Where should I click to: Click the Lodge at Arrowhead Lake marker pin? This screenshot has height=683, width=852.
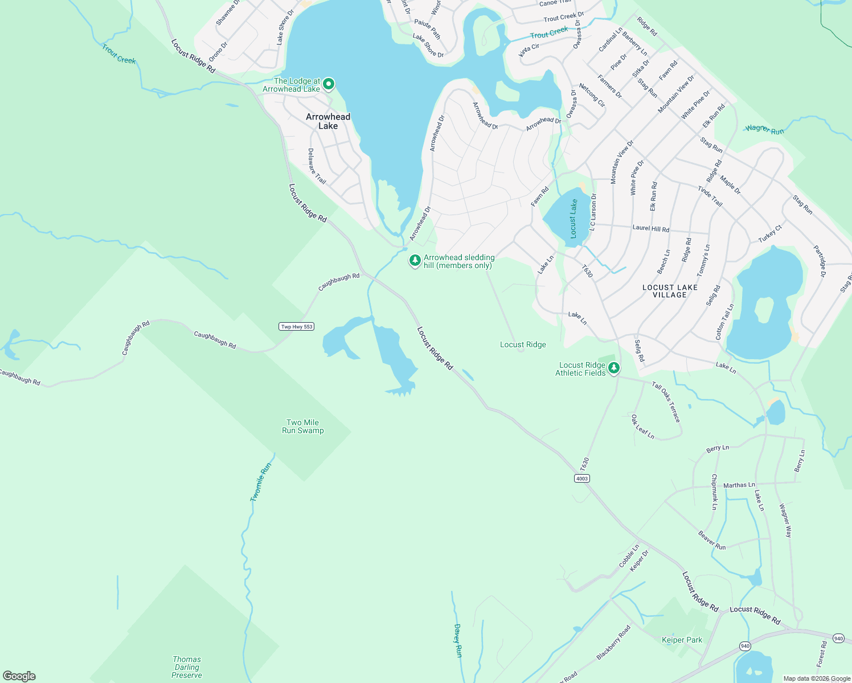329,85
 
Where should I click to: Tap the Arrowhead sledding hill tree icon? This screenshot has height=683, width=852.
415,261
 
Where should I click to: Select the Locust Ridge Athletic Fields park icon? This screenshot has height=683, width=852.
613,368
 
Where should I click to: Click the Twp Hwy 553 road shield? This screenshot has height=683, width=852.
296,327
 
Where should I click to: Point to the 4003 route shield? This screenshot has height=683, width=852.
581,479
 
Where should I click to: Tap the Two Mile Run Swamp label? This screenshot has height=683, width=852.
303,427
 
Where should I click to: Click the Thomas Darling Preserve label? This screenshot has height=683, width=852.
187,667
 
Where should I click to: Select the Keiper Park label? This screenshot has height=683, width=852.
682,640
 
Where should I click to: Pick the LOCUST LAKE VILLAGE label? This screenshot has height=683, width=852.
670,291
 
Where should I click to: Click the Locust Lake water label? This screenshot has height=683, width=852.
574,219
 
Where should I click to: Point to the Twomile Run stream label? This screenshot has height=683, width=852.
261,482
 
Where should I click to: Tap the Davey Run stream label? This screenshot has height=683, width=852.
457,640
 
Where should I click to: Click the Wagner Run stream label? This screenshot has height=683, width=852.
764,130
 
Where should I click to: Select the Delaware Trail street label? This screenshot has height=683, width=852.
317,166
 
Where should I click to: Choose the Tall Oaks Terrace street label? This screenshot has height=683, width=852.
666,402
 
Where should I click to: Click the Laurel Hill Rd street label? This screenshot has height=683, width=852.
651,228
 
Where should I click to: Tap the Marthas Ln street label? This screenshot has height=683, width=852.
739,485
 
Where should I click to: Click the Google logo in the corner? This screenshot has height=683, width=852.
19,676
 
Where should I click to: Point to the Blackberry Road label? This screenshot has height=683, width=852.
613,643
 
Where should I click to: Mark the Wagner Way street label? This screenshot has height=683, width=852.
785,520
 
